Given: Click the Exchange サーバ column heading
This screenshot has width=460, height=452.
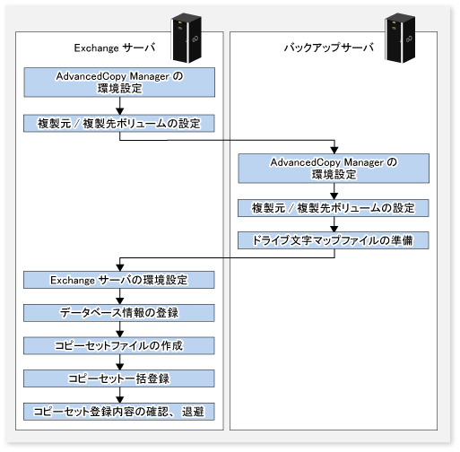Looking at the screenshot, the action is point(115,48).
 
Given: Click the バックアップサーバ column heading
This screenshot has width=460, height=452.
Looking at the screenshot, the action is point(329,48).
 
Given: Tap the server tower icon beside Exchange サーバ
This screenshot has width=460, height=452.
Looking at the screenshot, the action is point(186,38).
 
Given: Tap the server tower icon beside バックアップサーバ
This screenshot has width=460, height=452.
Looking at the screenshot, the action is point(400,38).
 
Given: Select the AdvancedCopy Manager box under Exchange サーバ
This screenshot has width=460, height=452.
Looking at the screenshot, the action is point(119,83).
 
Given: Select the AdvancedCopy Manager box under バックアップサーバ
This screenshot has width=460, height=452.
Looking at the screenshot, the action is point(334,169).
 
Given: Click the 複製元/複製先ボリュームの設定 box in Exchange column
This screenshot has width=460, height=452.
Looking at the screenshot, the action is point(119,123).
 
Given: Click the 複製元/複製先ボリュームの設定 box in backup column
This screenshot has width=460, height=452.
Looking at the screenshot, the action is point(334,208).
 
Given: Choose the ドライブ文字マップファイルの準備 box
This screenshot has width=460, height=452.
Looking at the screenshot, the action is point(334,240).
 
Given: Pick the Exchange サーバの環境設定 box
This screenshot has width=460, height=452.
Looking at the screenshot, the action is point(119,280).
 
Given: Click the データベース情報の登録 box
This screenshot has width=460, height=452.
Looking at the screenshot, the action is point(119,313).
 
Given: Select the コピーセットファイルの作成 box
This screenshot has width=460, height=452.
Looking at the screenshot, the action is point(119,346).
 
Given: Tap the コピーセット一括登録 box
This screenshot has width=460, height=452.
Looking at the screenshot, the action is point(119,378).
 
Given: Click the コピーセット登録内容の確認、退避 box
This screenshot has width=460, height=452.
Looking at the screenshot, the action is point(119,412).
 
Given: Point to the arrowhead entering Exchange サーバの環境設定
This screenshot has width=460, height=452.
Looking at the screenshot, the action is point(120,268).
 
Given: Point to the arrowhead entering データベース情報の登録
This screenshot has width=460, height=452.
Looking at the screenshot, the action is point(120,301).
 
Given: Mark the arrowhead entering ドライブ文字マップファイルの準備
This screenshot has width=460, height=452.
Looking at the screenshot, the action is point(334,229).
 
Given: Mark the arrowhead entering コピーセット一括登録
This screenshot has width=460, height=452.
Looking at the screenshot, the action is point(120,367).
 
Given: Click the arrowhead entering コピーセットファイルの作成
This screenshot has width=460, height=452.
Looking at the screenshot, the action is point(120,334).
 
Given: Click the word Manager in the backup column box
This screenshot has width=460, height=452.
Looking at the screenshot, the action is point(363,162).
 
